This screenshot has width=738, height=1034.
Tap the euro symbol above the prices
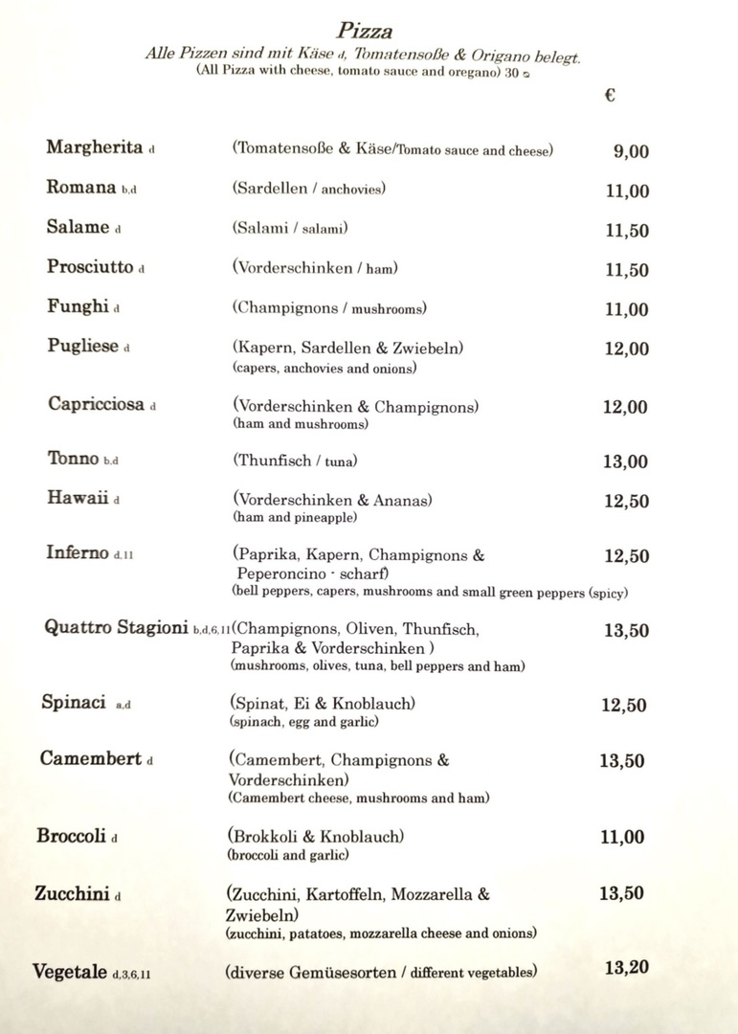pos(610,95)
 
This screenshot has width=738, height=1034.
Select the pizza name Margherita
pos(94,147)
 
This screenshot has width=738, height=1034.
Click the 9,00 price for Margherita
pos(631,150)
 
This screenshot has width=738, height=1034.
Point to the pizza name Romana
pos(81,188)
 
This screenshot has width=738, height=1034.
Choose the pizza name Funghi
pos(78,306)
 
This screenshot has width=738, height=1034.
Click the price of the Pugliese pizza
pos(626,348)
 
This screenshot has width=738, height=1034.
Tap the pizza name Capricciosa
pos(96,404)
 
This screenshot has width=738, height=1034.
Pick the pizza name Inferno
pos(78,552)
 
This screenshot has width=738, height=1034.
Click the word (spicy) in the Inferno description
pos(608,593)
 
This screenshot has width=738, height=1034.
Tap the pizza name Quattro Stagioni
pos(116,628)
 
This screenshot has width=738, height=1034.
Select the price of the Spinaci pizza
pos(623,706)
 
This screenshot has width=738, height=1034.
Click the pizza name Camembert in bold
pos(91,759)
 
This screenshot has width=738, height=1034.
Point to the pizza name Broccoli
pos(71,836)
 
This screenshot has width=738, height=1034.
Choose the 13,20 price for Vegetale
pos(626,968)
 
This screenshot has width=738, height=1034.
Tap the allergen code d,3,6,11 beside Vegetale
pos(131,975)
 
